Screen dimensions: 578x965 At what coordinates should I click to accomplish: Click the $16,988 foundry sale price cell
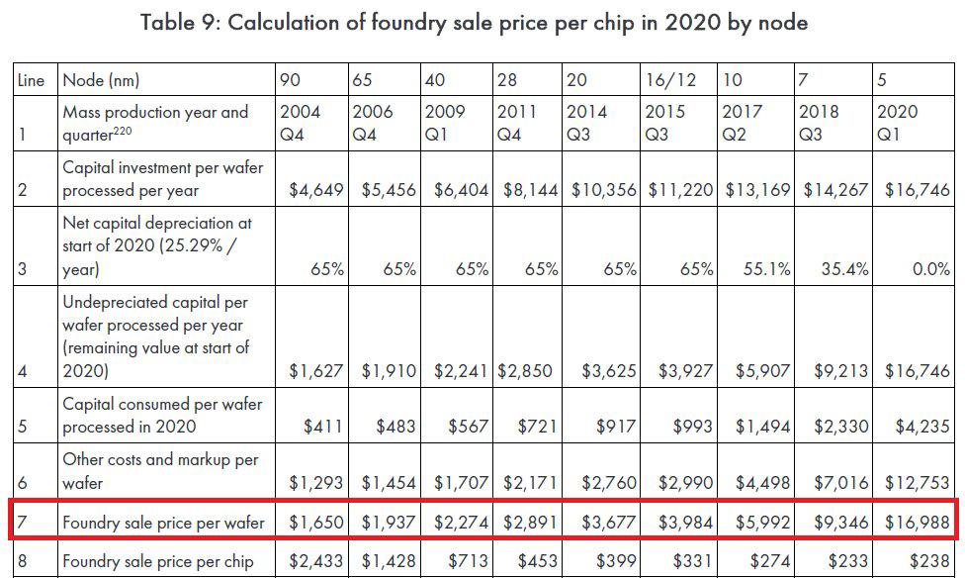click(915, 522)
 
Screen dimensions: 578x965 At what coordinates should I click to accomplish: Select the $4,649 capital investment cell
click(315, 190)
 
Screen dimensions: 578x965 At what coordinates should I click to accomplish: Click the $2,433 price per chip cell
click(315, 561)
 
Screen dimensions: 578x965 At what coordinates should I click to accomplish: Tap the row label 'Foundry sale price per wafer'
click(162, 522)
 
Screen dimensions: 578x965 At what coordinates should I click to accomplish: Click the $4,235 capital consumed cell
click(915, 428)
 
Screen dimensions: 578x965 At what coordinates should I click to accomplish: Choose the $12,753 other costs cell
click(915, 483)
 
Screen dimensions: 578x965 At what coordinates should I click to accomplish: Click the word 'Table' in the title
click(170, 22)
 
